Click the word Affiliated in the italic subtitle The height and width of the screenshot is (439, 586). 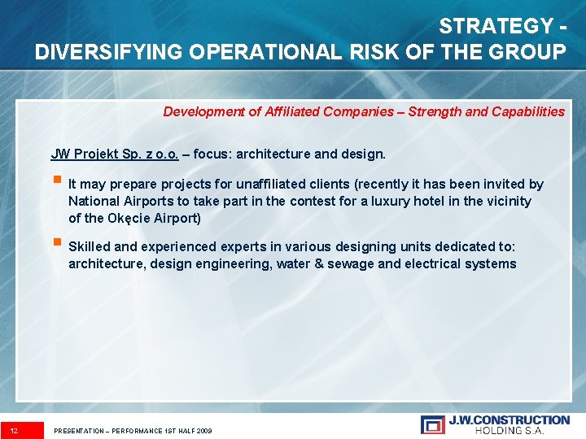(294, 111)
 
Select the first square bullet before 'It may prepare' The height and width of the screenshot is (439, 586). (56, 183)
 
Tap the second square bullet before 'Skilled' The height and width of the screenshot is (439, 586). (56, 244)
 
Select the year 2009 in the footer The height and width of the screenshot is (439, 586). (203, 430)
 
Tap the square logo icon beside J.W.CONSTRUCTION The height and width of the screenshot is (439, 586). (432, 424)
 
